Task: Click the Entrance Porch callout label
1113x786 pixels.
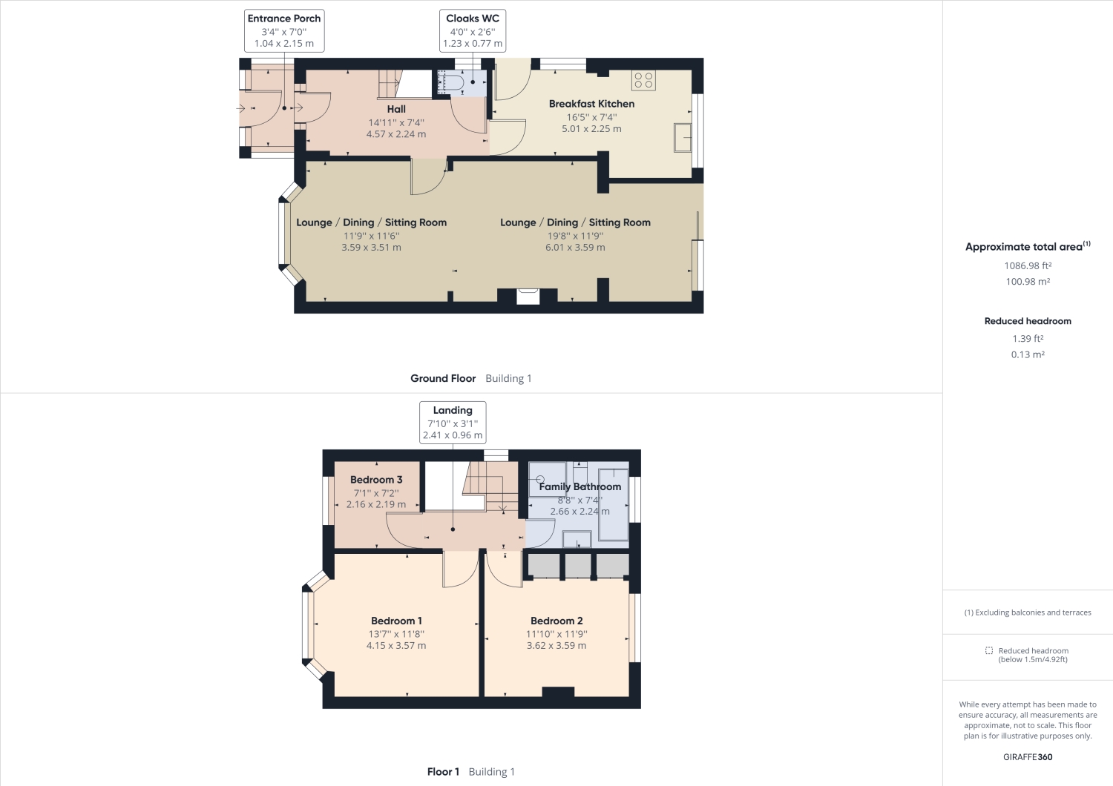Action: pos(284,31)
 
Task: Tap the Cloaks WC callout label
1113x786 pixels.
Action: pos(473,31)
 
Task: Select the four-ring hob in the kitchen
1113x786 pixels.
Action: pos(643,80)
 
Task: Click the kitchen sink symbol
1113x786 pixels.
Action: pos(683,137)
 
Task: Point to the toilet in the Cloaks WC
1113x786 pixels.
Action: pos(451,82)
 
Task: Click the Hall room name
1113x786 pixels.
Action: pos(396,109)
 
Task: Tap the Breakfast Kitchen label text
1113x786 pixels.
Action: pos(591,104)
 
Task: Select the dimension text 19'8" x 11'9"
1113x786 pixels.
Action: pos(575,236)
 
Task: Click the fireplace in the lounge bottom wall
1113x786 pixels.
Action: pos(528,296)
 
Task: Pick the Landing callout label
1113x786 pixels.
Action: pos(453,423)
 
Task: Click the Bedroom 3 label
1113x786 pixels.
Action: pos(376,480)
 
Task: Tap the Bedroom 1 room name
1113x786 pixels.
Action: pos(396,621)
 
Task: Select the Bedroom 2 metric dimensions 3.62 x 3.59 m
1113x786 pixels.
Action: pos(556,645)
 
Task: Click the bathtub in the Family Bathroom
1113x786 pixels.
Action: pos(614,504)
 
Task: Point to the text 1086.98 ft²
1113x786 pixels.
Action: pos(1028,265)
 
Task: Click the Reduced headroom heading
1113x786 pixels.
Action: pos(1028,321)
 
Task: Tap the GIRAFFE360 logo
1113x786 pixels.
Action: pos(1028,757)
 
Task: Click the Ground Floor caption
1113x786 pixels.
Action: pos(443,378)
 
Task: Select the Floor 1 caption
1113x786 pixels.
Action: pos(443,772)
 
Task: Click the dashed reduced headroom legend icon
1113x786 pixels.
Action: pos(989,650)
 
